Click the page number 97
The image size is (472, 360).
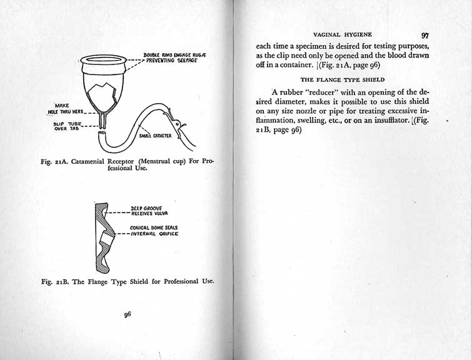pos(424,36)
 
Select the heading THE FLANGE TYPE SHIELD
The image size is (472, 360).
pos(342,81)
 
